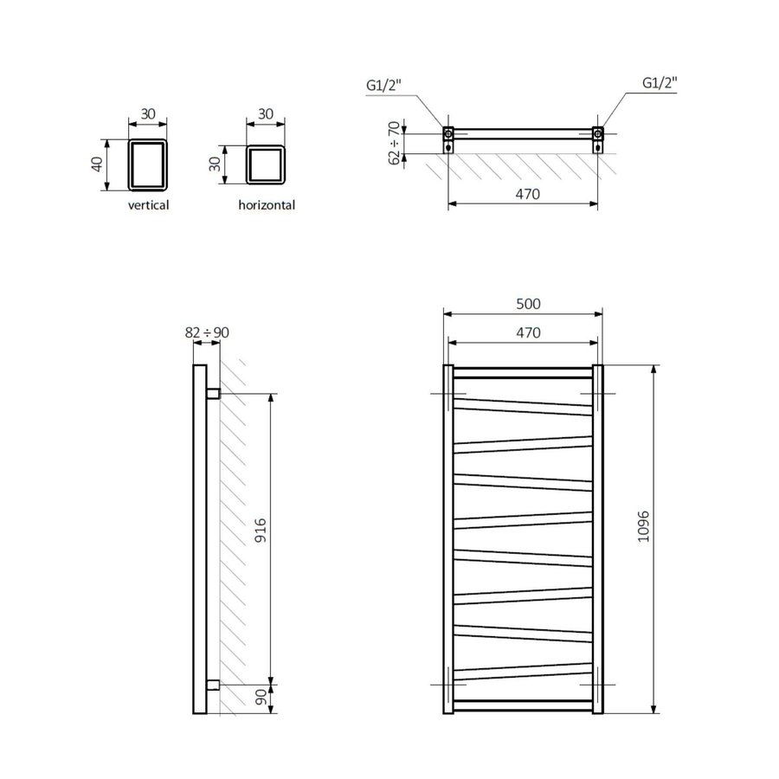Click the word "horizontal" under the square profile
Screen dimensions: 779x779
(267, 205)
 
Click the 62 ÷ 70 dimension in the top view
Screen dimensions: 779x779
(395, 143)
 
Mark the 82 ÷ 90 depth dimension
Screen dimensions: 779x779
(207, 332)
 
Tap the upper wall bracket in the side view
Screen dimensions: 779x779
(213, 395)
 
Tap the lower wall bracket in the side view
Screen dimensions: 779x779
(213, 685)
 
